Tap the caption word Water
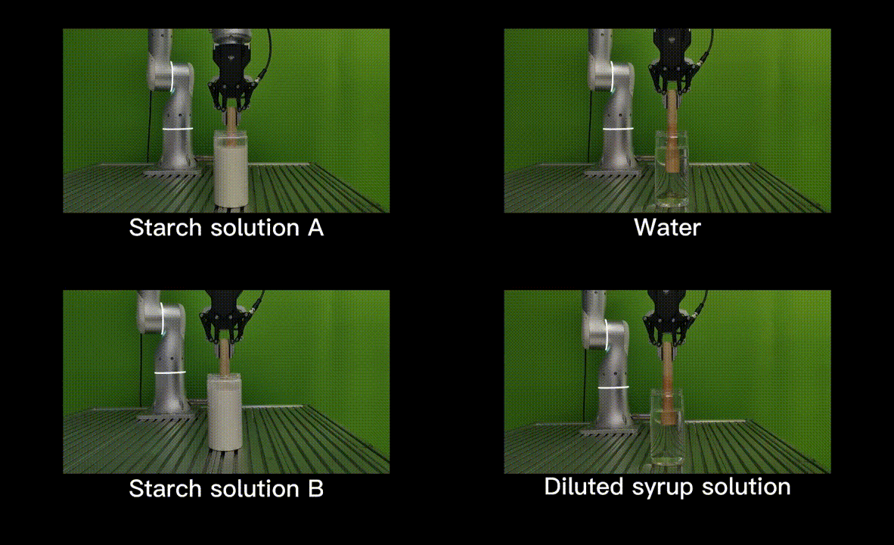(667, 228)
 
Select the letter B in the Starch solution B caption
(316, 489)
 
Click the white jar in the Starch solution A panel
(231, 169)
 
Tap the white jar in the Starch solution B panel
(224, 412)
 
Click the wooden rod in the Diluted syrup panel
(668, 381)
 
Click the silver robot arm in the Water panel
(613, 103)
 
